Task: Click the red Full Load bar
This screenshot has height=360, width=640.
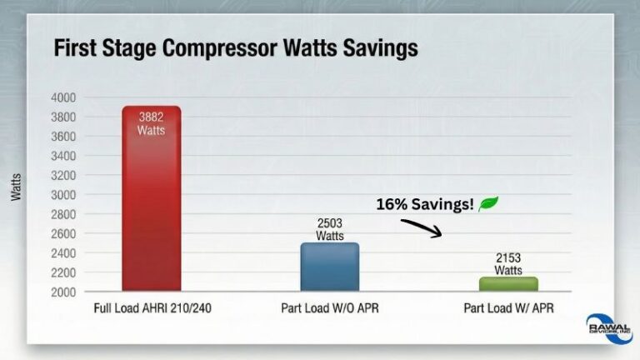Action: pos(151,208)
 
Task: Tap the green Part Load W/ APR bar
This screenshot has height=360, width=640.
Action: pos(508,284)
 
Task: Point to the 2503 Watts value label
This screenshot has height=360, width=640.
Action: pos(329,229)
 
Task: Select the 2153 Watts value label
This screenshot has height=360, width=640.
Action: pos(508,264)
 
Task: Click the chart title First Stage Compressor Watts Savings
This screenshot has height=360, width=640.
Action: pos(235,49)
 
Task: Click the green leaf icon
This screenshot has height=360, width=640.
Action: pos(488,203)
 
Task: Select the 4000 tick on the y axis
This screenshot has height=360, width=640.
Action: pos(65,97)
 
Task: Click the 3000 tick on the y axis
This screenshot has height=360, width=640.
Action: pos(65,195)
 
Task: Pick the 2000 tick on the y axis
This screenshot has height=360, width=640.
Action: pos(65,292)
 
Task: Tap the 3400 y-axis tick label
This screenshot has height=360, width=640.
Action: pos(65,156)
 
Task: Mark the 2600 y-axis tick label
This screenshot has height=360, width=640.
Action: pos(65,234)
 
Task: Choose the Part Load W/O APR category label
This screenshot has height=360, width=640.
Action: pos(329,308)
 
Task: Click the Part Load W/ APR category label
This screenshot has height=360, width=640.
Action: pos(507,308)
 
